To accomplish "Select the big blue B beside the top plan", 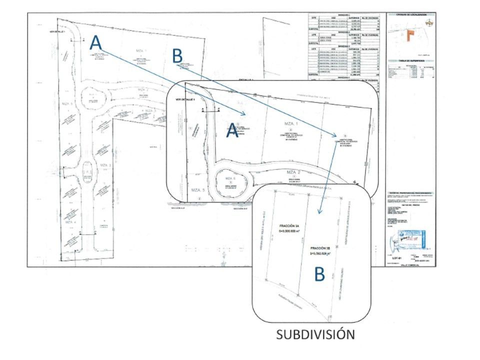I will click(177, 56).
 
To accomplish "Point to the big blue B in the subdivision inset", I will click(319, 273).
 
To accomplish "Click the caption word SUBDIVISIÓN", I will click(315, 334).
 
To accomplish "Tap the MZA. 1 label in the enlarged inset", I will click(290, 123).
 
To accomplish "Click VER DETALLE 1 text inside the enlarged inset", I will click(183, 100).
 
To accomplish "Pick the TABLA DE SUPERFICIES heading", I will click(411, 59).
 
